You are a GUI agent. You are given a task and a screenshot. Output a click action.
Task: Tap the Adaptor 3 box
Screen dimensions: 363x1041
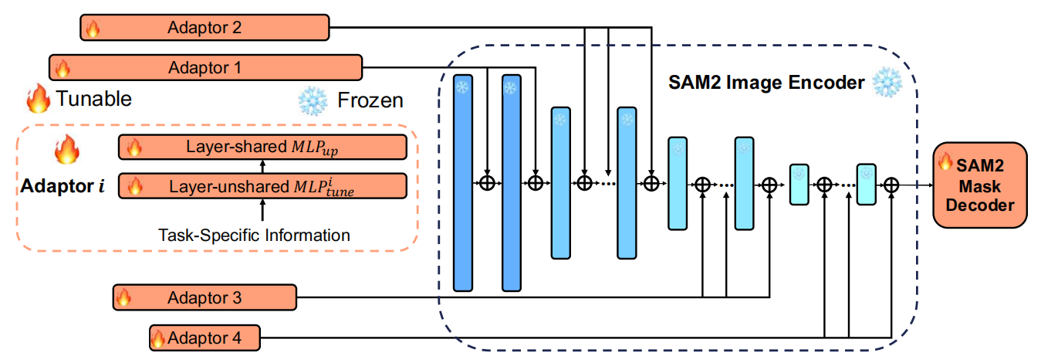pos(205,297)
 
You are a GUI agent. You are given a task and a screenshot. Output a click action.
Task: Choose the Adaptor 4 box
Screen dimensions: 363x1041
pos(204,338)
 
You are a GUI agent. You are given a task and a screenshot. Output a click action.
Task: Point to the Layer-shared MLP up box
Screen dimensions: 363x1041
pos(262,147)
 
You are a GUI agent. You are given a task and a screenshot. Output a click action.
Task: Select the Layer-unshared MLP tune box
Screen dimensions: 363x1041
pos(262,186)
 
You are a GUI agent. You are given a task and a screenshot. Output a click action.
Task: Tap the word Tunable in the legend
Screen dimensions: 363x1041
pos(93,99)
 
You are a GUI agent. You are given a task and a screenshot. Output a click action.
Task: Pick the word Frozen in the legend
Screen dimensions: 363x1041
pos(370,100)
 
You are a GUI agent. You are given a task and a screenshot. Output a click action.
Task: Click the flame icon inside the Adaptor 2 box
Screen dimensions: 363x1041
pos(93,29)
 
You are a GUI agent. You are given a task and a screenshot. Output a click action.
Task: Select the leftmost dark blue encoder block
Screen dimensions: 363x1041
pos(462,183)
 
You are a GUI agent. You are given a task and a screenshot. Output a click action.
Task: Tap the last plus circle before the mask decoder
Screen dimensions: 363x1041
pos(892,185)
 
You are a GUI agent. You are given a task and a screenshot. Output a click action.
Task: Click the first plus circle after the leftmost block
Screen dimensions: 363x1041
pos(487,184)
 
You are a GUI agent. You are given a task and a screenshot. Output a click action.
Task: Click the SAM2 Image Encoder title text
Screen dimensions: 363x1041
pos(766,82)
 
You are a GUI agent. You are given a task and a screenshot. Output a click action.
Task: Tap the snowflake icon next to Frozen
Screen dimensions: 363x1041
pos(313,100)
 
